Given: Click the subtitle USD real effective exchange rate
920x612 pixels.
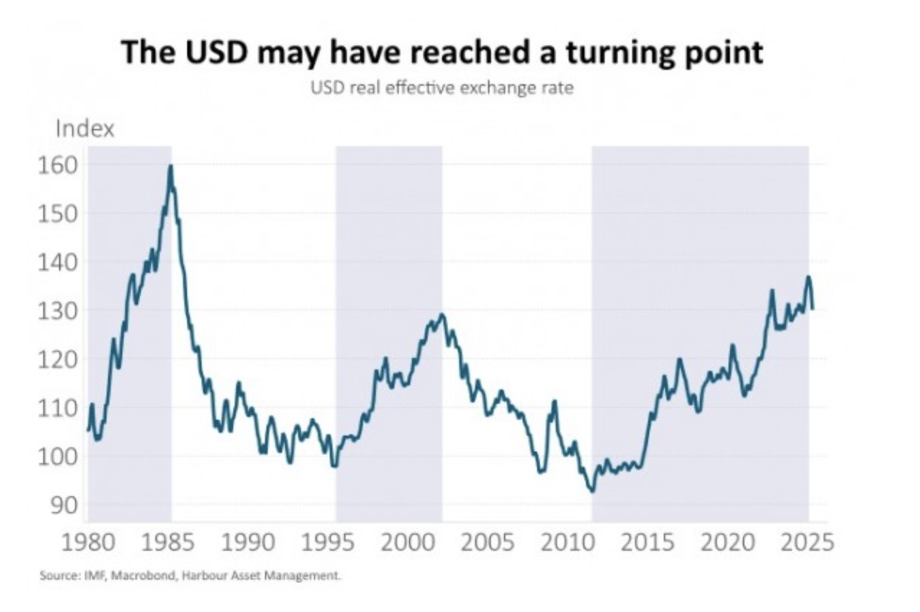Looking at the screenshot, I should [442, 90].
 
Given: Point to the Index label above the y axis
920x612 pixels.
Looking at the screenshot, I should [84, 130].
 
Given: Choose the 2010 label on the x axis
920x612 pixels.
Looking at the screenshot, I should [567, 541].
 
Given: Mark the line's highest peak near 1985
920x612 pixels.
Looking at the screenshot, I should [171, 166].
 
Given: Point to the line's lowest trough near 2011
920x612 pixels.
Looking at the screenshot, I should [592, 491].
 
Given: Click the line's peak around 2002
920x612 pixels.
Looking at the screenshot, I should [441, 314].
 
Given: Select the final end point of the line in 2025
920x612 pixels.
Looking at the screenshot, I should [813, 308].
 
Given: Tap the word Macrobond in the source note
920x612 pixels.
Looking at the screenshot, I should [130, 576].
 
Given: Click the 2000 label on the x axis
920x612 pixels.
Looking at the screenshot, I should [407, 541].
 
